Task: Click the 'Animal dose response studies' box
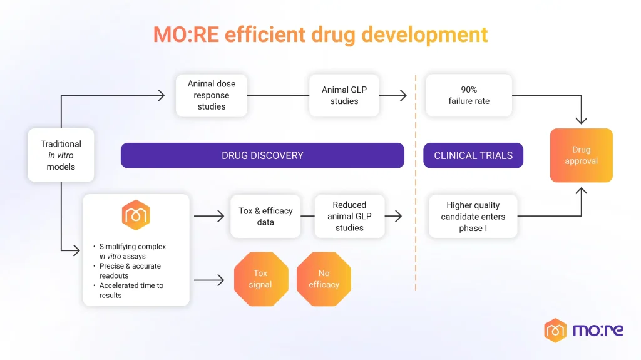pos(212,95)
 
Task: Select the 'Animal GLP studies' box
pos(344,95)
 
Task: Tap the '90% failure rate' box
pos(469,95)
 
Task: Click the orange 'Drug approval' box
pos(581,155)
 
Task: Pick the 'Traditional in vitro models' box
pos(61,155)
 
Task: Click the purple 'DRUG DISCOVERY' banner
pos(262,155)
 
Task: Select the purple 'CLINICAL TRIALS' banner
pos(473,155)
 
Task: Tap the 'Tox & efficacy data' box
pos(265,216)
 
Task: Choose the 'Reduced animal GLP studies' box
pos(349,216)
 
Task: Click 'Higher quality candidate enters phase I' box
pos(473,216)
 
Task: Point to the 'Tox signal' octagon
pos(260,279)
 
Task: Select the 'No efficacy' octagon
pos(324,279)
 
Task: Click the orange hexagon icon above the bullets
pos(136,215)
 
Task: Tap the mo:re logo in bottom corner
pos(583,330)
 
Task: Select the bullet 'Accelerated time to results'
pos(131,290)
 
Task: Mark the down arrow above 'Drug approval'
pos(581,120)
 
